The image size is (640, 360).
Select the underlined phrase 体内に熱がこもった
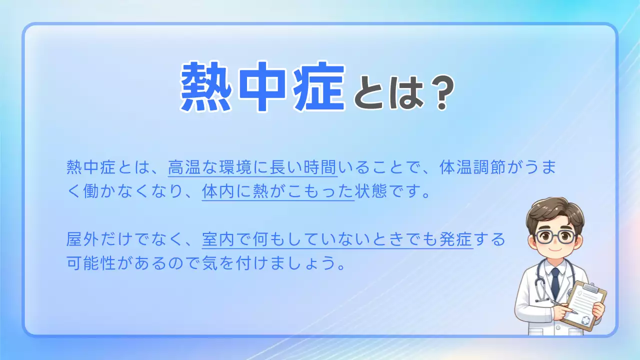(x=277, y=192)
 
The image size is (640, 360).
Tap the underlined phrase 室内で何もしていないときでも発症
(x=337, y=240)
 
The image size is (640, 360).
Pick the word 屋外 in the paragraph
(x=83, y=240)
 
